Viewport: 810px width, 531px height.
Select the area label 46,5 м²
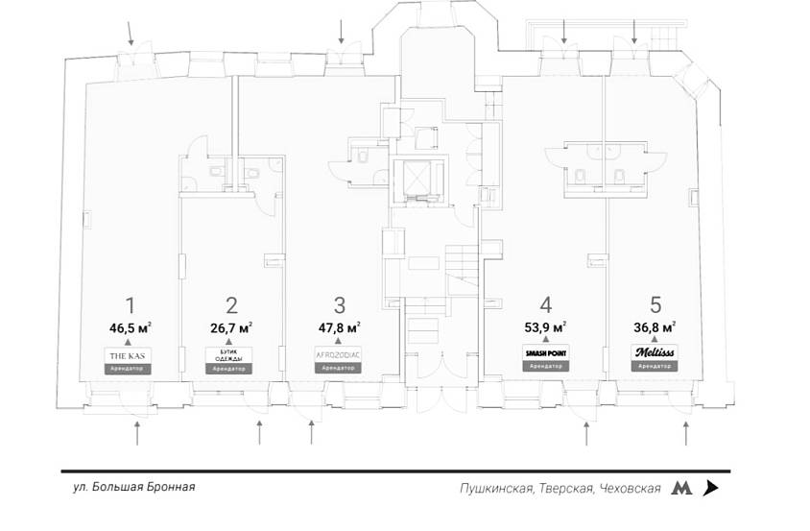click(131, 327)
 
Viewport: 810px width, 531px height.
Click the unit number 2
click(231, 305)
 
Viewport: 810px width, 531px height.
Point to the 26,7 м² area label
click(231, 327)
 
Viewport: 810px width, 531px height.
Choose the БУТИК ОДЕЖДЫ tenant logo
click(230, 355)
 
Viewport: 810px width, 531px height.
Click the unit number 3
click(340, 305)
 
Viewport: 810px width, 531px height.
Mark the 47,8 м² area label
click(339, 327)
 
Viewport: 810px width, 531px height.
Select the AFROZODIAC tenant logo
click(338, 355)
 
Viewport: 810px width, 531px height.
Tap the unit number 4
click(546, 305)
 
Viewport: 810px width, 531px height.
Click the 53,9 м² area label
click(545, 327)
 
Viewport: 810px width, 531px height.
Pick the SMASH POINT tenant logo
click(545, 354)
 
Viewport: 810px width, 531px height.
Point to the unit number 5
click(655, 305)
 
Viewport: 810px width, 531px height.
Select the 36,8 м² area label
click(655, 327)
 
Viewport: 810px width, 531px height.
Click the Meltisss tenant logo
click(655, 353)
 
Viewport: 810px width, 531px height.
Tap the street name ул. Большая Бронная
click(133, 487)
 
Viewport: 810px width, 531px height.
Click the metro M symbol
click(681, 488)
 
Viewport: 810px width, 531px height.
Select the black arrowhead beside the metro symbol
click(710, 488)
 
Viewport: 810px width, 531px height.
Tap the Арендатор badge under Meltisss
click(655, 367)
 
